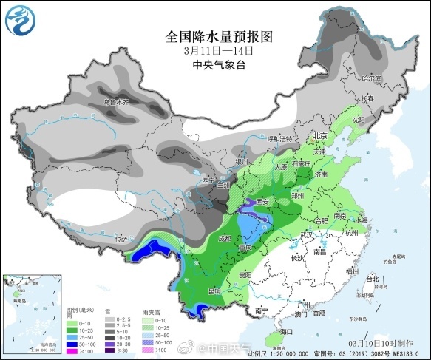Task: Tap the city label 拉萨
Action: tap(121, 239)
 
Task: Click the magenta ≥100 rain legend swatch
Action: tap(72, 350)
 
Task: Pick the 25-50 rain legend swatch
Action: tap(72, 335)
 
